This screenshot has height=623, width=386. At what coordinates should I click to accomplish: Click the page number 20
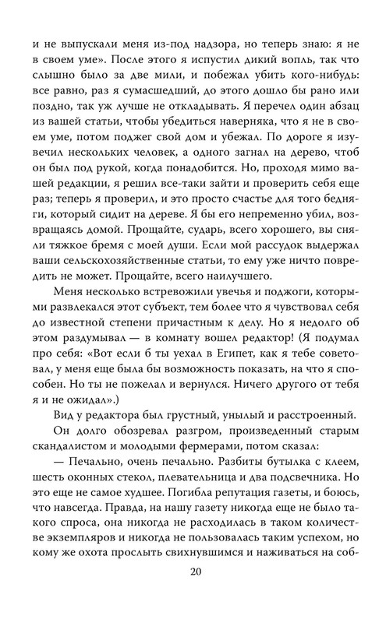(x=193, y=598)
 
